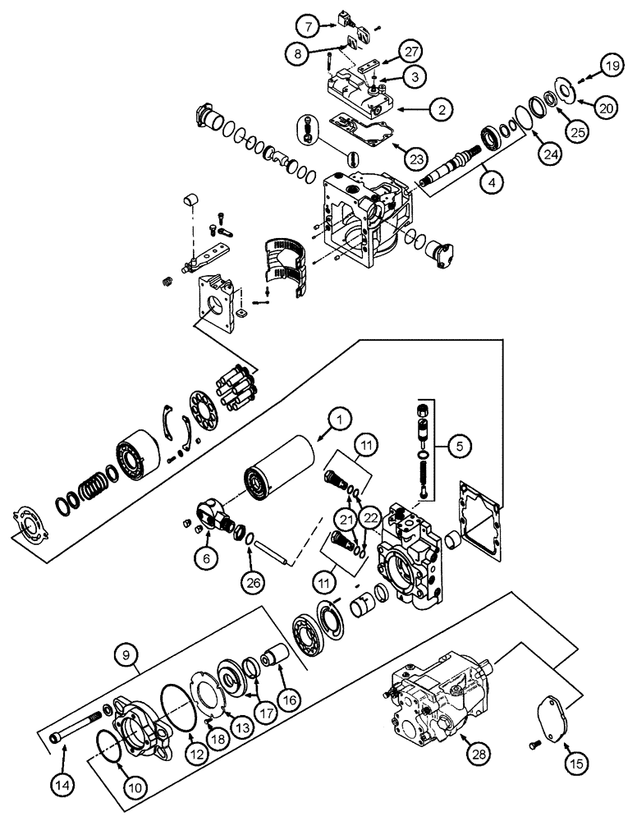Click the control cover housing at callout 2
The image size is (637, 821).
pos(361,98)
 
